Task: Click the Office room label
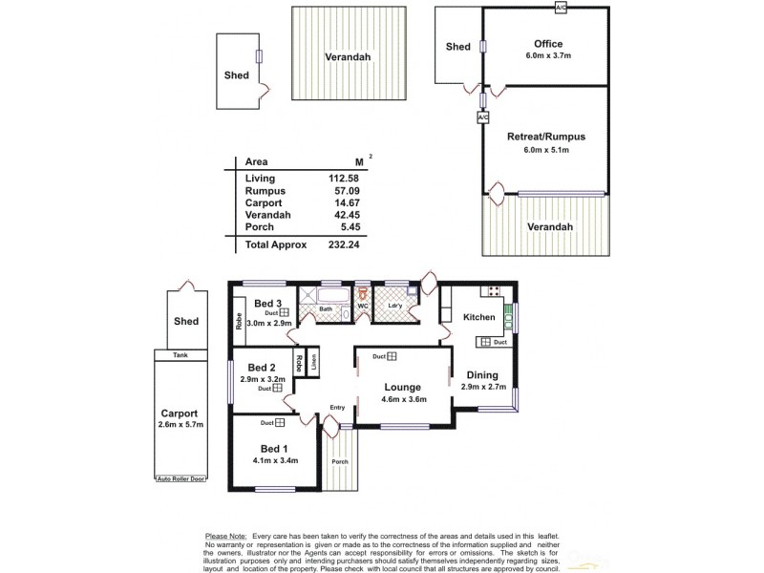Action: click(548, 44)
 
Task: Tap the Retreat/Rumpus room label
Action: click(545, 137)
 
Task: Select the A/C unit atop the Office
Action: click(560, 8)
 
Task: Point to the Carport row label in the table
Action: click(262, 202)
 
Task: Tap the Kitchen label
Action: click(477, 317)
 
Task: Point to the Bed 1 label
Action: click(273, 449)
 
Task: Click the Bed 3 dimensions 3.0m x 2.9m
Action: click(269, 324)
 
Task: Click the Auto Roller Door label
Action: click(181, 478)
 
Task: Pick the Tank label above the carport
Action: click(180, 354)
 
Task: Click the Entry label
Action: click(337, 408)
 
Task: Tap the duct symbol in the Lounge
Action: click(393, 357)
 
